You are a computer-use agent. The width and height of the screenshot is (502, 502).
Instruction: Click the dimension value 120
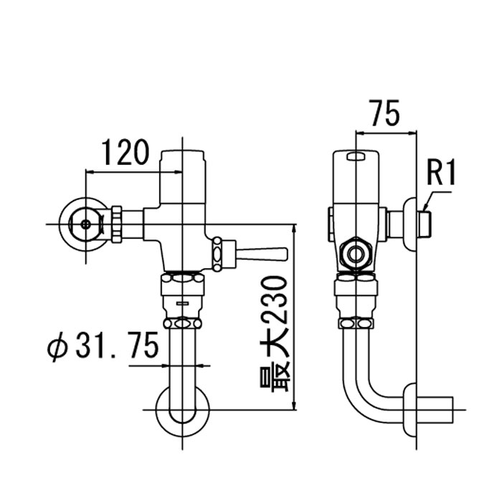(126, 152)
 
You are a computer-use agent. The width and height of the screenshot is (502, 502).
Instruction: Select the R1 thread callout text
(442, 173)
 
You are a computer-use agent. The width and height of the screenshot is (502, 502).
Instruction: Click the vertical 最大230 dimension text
(274, 334)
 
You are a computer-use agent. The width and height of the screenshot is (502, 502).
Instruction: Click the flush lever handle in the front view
(261, 254)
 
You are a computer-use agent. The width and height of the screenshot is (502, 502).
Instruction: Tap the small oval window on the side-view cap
(356, 156)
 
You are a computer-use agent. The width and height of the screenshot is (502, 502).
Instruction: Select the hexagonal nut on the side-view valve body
(356, 255)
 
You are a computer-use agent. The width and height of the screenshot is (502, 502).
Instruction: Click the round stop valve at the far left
(85, 224)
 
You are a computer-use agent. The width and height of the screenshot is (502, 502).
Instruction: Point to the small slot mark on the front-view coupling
(182, 302)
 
